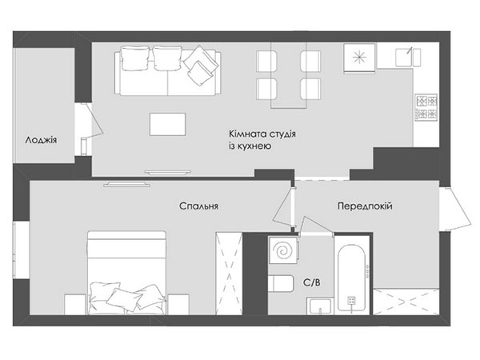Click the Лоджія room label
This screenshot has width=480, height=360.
pyautogui.click(x=41, y=141)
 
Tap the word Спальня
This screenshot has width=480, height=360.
pyautogui.click(x=198, y=206)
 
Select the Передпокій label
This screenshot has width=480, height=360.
pyautogui.click(x=365, y=206)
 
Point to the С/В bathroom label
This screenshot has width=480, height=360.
pyautogui.click(x=312, y=282)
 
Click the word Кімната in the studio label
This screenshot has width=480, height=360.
pyautogui.click(x=247, y=134)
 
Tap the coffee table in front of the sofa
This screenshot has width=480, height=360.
pyautogui.click(x=167, y=124)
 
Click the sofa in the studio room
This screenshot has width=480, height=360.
pyautogui.click(x=168, y=70)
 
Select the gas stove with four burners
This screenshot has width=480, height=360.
pyautogui.click(x=426, y=106)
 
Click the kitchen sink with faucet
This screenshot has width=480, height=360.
pyautogui.click(x=408, y=57)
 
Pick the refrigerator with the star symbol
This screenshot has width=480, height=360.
pyautogui.click(x=360, y=58)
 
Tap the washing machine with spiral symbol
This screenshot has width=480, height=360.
pyautogui.click(x=283, y=250)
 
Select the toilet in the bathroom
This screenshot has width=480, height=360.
pyautogui.click(x=281, y=284)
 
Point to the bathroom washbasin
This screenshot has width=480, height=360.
pyautogui.click(x=320, y=306)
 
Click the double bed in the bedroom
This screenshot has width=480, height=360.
pyautogui.click(x=127, y=273)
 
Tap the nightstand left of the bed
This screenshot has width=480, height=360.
pyautogui.click(x=76, y=304)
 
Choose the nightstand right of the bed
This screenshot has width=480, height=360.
pyautogui.click(x=178, y=304)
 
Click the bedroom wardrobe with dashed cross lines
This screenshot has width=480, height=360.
pyautogui.click(x=229, y=274)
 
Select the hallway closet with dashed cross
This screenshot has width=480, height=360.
pyautogui.click(x=406, y=302)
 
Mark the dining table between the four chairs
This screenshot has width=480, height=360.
pyautogui.click(x=288, y=75)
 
